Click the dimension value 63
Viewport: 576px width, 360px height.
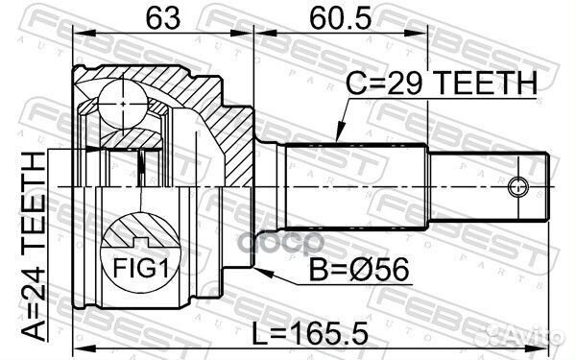(x=163, y=18)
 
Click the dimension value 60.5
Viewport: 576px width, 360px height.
(x=341, y=18)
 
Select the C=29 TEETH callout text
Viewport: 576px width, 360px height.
(x=442, y=83)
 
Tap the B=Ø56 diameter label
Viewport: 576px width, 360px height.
(x=359, y=269)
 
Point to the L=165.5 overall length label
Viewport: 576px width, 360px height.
(x=310, y=334)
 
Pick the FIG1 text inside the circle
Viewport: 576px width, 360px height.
(x=141, y=268)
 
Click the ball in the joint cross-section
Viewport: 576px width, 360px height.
(x=123, y=104)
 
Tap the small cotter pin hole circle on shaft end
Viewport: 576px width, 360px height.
(x=518, y=187)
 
